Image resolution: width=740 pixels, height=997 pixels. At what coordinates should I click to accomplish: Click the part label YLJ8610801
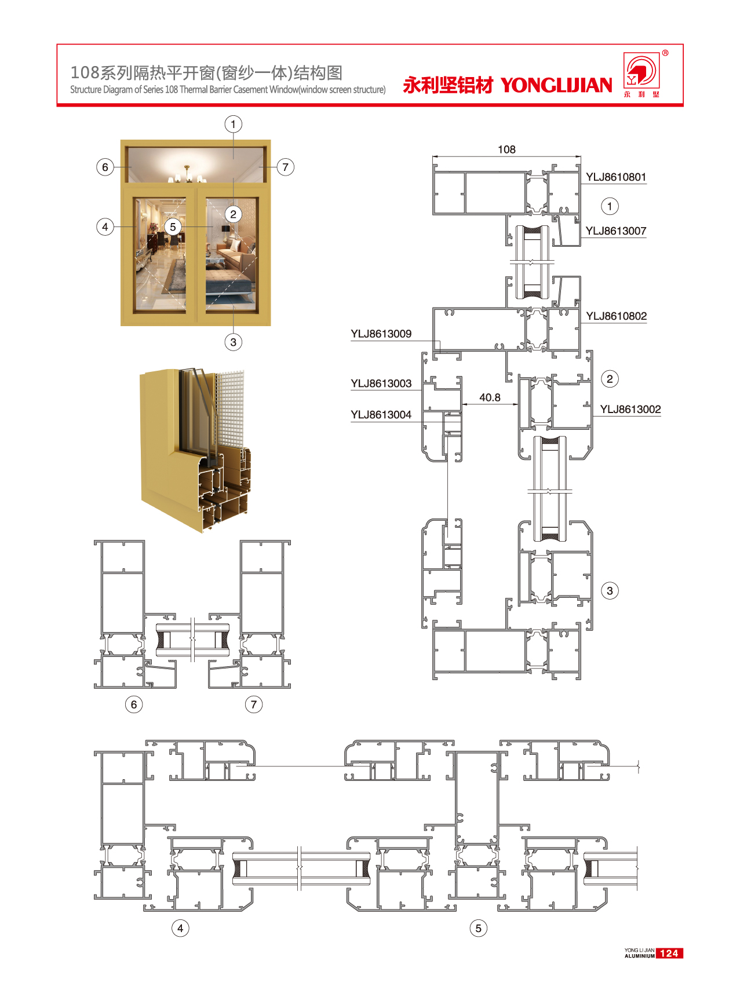point(615,177)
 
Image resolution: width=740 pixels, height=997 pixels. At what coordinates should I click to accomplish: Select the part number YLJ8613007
point(615,231)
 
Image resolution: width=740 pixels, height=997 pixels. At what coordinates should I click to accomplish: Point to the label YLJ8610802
point(616,316)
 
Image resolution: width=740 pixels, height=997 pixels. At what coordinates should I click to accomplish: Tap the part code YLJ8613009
point(381,334)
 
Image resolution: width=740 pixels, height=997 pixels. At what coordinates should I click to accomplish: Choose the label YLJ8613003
point(381,384)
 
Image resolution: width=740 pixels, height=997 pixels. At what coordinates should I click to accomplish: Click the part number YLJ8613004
point(381,415)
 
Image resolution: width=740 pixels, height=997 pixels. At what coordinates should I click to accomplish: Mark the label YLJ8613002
point(630,410)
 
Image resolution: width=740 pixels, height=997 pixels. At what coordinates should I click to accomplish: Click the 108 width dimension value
point(506,149)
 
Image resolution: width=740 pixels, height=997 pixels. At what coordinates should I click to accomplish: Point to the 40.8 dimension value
point(490,397)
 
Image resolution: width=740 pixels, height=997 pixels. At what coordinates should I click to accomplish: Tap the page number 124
point(669,953)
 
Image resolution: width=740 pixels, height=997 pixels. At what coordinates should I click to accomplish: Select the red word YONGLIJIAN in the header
point(556,85)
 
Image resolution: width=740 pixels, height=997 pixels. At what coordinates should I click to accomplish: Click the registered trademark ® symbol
point(665,53)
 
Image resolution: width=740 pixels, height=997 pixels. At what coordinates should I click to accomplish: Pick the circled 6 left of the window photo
point(105,167)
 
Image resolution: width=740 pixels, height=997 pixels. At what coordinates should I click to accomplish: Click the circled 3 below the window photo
point(234,342)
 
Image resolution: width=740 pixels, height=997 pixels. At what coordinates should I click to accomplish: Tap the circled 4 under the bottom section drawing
point(180,928)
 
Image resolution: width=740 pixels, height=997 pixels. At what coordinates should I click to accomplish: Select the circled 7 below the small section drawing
point(253,704)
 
